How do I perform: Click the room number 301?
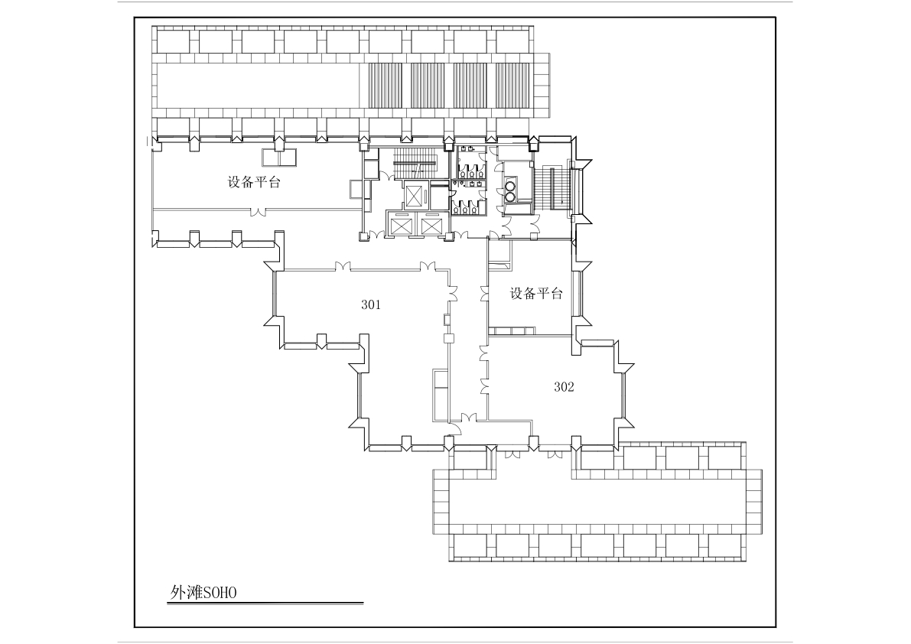(x=371, y=304)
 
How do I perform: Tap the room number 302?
(x=564, y=387)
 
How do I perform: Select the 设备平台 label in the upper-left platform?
(x=254, y=182)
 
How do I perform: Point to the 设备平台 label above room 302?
(x=536, y=293)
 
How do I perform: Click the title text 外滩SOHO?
(x=203, y=592)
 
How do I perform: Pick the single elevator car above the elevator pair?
(x=415, y=195)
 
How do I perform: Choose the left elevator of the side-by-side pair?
(x=402, y=224)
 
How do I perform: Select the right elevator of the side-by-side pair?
(x=431, y=224)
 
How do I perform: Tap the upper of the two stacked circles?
(x=511, y=187)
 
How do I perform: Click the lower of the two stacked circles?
(x=511, y=197)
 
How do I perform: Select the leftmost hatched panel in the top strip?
(x=386, y=86)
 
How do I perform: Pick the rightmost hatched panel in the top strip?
(x=513, y=86)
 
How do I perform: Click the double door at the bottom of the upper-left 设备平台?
(x=258, y=212)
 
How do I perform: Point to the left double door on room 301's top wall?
(x=342, y=266)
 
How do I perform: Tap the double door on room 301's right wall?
(x=452, y=292)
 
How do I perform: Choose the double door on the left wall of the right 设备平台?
(x=484, y=294)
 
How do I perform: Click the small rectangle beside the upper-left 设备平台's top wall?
(x=279, y=158)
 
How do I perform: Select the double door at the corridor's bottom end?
(x=470, y=417)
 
